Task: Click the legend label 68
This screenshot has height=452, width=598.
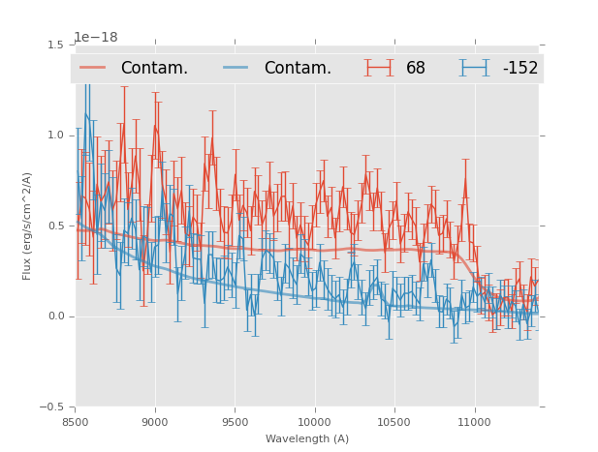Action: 416,68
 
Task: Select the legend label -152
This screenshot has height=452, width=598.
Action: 519,68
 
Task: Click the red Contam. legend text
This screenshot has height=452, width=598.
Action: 154,68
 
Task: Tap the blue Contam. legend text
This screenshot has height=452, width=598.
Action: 298,68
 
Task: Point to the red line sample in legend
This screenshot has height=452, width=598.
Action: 93,68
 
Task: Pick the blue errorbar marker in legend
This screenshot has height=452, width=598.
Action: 474,68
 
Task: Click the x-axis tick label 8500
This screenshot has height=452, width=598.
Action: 76,422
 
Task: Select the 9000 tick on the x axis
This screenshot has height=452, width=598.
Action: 155,422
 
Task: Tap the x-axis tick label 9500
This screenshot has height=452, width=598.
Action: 235,422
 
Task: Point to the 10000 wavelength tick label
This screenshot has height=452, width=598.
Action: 315,422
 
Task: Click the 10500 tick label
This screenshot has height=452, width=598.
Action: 394,422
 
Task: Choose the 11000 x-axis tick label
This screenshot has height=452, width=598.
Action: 474,422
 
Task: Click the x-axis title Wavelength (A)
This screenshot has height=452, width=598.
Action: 307,438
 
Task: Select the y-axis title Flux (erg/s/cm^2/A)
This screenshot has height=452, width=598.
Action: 27,226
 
